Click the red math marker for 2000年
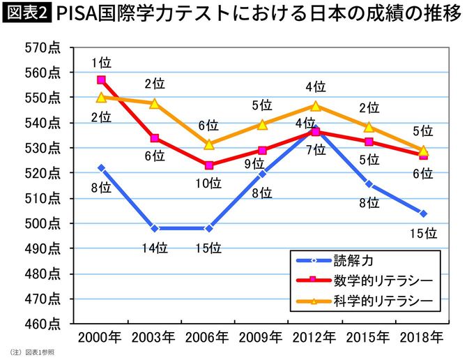[101, 80]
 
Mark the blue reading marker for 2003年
[154, 228]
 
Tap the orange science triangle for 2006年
[208, 144]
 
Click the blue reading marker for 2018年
[423, 213]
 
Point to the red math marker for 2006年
[208, 165]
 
